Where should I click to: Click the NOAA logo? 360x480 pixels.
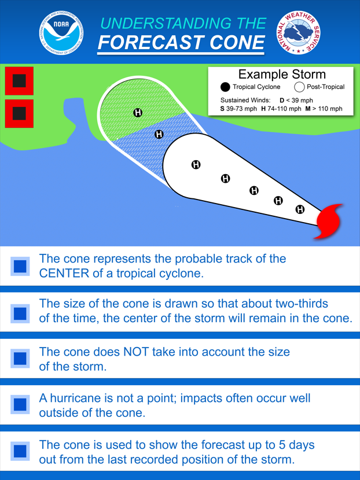click(61, 33)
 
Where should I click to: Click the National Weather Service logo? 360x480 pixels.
click(299, 32)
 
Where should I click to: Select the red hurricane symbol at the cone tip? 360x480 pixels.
click(329, 221)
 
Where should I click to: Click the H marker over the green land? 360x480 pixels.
click(138, 113)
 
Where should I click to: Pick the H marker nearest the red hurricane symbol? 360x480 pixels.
click(300, 209)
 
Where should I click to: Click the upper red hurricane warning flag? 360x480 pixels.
click(19, 81)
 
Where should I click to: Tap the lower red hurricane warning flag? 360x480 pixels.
click(19, 113)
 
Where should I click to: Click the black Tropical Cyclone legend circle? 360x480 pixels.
click(225, 87)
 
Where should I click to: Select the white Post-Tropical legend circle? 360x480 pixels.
click(299, 87)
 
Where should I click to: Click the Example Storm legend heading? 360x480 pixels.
click(282, 75)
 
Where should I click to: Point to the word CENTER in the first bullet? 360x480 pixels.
click(64, 274)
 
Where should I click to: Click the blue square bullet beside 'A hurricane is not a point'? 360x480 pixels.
click(20, 404)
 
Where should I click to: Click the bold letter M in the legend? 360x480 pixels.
click(308, 109)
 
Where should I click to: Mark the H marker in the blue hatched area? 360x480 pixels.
click(159, 134)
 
